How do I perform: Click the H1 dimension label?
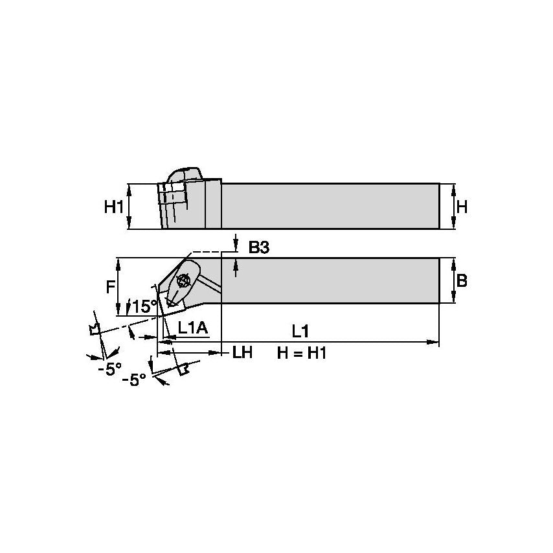113,207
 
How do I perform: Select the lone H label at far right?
462,207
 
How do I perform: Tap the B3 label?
259,247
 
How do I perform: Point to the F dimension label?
110,287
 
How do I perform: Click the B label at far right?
462,281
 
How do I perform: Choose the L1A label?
192,328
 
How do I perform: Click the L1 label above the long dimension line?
300,331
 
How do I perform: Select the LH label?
242,352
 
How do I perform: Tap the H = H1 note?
302,353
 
